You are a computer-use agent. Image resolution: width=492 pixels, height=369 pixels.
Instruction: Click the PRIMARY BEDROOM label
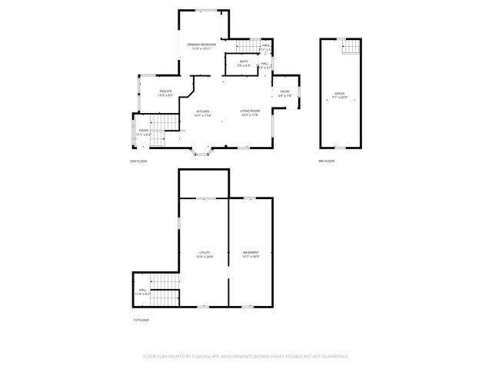point(201,45)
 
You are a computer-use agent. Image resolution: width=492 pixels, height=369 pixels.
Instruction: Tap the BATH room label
point(244,61)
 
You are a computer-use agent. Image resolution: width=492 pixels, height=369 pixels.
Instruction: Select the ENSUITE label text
point(165,91)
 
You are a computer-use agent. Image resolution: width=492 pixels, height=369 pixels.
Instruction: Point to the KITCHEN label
point(203,111)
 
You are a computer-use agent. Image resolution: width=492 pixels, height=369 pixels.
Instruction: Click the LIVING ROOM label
point(249,111)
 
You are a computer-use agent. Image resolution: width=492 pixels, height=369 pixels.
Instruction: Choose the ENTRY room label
point(285,92)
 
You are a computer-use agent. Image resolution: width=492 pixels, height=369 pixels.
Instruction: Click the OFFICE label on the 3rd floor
point(339,94)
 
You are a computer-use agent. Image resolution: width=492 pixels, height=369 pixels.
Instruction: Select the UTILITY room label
point(204,252)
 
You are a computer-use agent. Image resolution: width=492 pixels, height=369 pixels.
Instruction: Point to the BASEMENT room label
point(251,252)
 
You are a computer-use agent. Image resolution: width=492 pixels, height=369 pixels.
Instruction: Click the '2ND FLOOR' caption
point(138,161)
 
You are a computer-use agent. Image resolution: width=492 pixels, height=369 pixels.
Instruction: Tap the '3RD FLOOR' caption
point(327,161)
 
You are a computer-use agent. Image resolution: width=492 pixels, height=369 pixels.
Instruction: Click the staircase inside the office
point(351,48)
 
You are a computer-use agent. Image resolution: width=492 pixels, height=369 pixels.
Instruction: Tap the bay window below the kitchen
point(203,152)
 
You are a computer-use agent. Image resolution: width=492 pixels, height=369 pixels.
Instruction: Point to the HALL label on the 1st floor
point(143,291)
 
